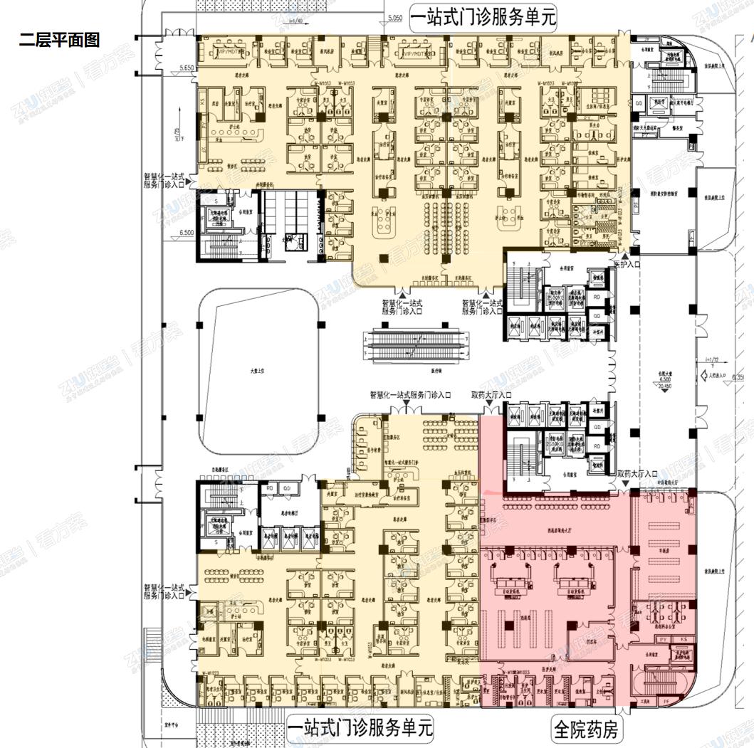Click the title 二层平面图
pyautogui.click(x=59, y=40)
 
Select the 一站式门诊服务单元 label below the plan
pyautogui.click(x=360, y=728)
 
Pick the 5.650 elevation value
pyautogui.click(x=187, y=68)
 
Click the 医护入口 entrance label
pyautogui.click(x=627, y=264)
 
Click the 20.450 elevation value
pyautogui.click(x=664, y=387)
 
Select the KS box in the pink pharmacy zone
pyautogui.click(x=685, y=639)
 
